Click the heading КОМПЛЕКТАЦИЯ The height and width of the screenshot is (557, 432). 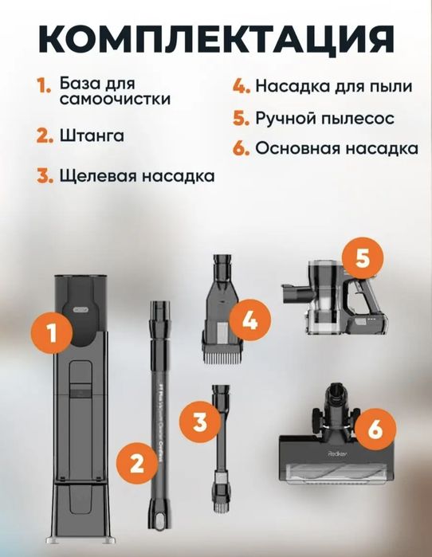pos(216,38)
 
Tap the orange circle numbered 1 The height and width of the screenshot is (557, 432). pos(53,333)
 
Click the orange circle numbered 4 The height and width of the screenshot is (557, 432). pos(249,322)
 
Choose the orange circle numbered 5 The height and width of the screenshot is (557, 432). pos(361,259)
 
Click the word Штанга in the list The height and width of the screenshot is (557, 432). pos(92,135)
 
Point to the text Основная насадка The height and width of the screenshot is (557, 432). pos(337,149)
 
